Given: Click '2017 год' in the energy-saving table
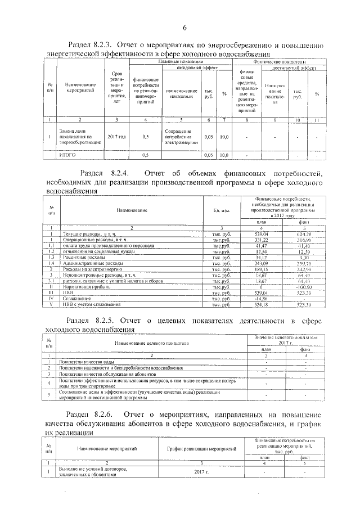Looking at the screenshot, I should pos(116,136).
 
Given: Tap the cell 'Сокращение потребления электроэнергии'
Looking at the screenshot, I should pos(178,136).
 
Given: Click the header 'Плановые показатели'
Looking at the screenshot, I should pos(180,61).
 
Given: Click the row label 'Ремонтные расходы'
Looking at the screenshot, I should pos(84,258).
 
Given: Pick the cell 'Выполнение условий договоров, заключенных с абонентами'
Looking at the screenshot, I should pos(93,472).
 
